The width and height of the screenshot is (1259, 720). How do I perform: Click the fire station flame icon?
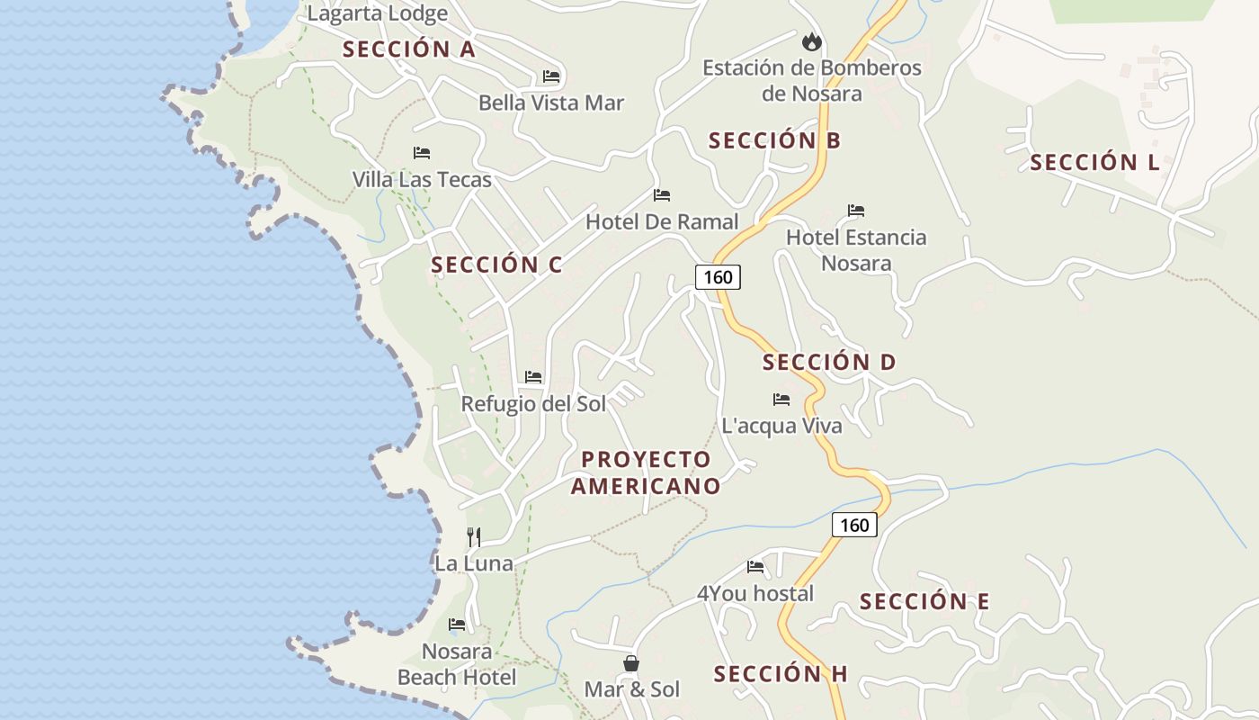click(812, 41)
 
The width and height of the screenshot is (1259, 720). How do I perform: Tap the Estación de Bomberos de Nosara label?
click(811, 80)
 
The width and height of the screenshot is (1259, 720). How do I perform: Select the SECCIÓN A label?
click(408, 49)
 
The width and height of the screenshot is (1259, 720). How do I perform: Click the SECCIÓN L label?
click(1094, 163)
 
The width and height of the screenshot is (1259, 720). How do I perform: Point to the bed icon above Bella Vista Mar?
click(551, 76)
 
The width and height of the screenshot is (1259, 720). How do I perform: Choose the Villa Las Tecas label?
click(422, 179)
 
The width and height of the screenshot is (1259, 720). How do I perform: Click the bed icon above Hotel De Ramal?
click(662, 195)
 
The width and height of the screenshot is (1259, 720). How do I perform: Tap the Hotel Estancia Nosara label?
click(856, 250)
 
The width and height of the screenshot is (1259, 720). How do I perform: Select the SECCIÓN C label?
click(496, 265)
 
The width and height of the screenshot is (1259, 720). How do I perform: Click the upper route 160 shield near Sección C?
click(718, 277)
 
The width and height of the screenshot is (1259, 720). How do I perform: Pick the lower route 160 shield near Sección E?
click(853, 525)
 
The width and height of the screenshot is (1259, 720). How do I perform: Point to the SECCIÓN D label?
click(829, 363)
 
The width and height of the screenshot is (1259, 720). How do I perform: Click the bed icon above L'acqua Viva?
click(781, 400)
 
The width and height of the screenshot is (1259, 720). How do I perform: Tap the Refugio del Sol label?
click(533, 404)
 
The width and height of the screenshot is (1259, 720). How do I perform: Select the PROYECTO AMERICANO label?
click(646, 472)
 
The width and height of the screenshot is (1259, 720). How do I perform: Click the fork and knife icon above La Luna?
click(474, 537)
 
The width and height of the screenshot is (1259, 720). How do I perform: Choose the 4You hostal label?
click(755, 593)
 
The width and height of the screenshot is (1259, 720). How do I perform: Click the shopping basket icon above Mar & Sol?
click(631, 663)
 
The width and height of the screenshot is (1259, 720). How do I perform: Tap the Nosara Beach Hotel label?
click(457, 664)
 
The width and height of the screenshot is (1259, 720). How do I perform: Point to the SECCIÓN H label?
click(781, 674)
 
